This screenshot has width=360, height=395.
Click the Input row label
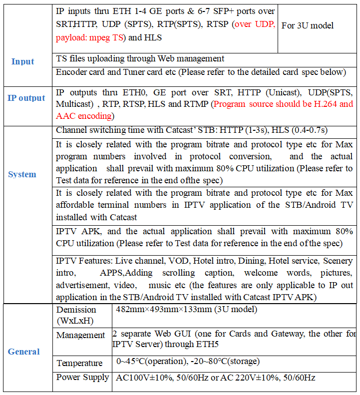pyautogui.click(x=22, y=61)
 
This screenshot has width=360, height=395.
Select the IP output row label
pyautogui.click(x=26, y=98)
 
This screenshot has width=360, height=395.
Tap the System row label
pyautogui.click(x=22, y=174)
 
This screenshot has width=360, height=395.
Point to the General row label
pyautogui.click(x=23, y=352)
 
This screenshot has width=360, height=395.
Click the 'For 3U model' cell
pyautogui.click(x=308, y=25)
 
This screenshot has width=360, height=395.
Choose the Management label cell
pyautogui.click(x=80, y=335)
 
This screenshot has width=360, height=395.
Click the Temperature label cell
pyautogui.click(x=79, y=363)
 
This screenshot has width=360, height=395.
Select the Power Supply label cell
pyautogui.click(x=82, y=377)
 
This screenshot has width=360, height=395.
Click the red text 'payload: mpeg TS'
pyautogui.click(x=92, y=37)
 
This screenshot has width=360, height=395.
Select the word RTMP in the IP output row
pyautogui.click(x=194, y=104)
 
